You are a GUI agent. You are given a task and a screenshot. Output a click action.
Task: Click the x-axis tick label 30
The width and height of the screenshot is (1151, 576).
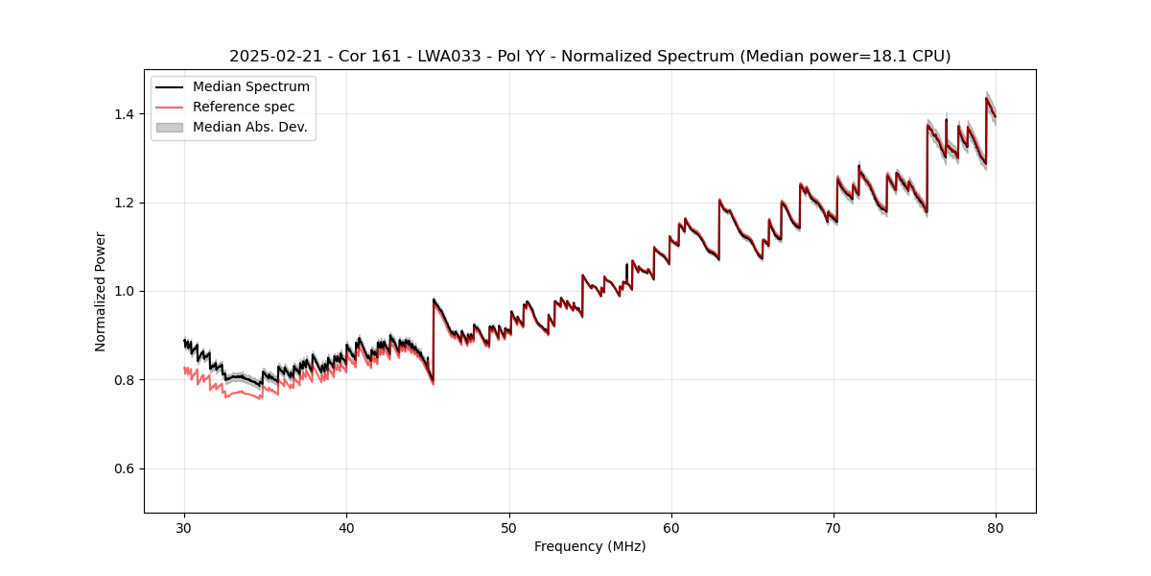(x=184, y=527)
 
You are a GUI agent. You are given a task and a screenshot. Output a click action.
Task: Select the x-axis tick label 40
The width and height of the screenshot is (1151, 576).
(x=346, y=527)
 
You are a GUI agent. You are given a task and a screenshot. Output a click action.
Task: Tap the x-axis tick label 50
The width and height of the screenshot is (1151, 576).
(x=509, y=527)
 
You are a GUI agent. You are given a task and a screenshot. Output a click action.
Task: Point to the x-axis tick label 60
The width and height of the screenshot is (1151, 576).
(x=671, y=527)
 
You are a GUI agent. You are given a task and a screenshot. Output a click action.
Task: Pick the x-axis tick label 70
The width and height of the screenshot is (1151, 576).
(x=834, y=527)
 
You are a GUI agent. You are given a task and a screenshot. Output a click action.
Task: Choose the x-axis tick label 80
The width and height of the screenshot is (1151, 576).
(x=996, y=527)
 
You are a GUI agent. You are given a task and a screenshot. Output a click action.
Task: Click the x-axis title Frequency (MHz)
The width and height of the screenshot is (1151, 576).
(x=590, y=546)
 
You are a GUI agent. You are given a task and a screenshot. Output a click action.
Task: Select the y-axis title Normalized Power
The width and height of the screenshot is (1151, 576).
(x=100, y=291)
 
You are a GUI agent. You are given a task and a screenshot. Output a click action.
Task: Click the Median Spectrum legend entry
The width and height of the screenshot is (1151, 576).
(x=250, y=87)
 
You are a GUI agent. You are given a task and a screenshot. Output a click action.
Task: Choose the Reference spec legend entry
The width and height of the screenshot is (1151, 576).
(x=244, y=107)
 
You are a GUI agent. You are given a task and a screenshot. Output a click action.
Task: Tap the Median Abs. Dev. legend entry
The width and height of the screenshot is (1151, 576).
(x=249, y=127)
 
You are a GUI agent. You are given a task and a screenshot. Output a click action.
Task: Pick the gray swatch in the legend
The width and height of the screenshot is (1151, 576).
(x=169, y=127)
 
